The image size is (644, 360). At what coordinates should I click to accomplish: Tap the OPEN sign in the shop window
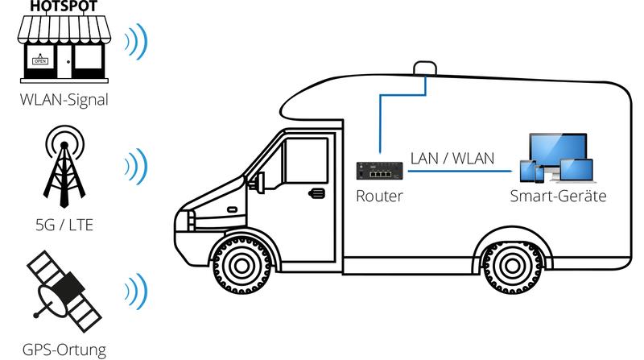tap(39, 60)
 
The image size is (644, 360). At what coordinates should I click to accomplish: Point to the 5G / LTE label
tap(65, 224)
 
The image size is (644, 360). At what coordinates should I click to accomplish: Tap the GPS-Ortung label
tap(64, 349)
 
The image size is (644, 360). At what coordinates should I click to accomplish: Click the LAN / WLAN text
tap(452, 158)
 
